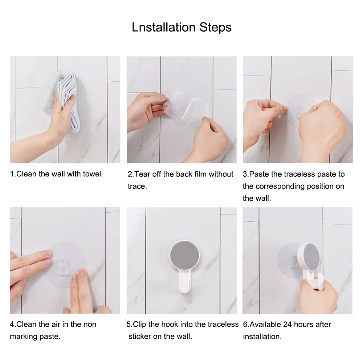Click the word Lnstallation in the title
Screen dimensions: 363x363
(164, 27)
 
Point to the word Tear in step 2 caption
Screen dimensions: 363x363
(142, 174)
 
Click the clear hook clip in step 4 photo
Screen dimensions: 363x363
(64, 268)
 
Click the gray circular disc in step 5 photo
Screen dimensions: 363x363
(184, 256)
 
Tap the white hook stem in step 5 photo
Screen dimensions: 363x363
(184, 281)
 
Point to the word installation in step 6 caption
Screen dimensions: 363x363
(262, 337)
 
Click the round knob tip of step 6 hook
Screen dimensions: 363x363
(321, 281)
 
